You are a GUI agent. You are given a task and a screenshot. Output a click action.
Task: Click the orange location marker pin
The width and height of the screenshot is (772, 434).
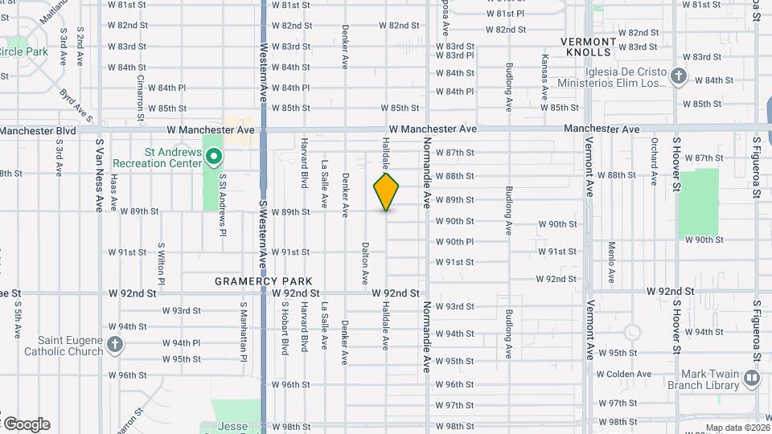click(387, 191)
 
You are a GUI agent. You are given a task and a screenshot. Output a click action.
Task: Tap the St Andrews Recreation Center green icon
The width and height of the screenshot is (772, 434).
click(213, 157)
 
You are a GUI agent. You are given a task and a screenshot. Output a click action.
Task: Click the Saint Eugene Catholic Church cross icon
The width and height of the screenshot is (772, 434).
click(115, 345)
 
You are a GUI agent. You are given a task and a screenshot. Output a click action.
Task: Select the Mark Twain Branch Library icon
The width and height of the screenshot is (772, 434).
click(752, 377)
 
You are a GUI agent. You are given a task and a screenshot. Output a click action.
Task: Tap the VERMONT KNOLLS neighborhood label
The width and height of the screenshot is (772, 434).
click(588, 47)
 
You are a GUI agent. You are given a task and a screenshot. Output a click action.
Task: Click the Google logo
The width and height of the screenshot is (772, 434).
click(26, 424)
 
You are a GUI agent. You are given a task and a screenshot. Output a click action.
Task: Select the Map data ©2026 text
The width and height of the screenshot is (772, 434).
click(737, 428)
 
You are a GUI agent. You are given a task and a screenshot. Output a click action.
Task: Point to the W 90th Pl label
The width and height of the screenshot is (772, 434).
click(454, 242)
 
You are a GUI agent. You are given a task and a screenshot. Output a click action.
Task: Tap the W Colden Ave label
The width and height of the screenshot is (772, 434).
click(623, 374)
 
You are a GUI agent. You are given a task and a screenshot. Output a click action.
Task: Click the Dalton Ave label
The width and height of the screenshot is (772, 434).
click(365, 264)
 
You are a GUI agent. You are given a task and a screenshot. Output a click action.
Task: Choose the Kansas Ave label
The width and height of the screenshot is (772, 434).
click(544, 72)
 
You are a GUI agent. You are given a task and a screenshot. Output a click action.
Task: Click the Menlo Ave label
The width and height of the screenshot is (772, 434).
click(612, 262)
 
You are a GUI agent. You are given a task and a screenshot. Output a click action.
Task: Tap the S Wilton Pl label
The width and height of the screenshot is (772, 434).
click(162, 264)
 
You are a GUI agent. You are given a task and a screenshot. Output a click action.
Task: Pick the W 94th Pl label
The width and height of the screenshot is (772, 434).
click(181, 343)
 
